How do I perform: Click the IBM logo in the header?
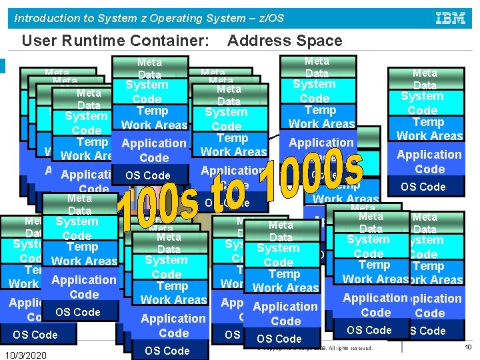450,18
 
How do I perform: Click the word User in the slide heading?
37,41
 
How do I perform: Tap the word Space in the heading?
317,41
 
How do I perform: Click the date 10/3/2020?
25,355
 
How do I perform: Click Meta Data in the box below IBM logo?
425,79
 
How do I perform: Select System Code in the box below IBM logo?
422,103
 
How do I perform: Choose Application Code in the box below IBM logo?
429,162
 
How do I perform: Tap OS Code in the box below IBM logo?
423,187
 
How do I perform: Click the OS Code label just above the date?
35,335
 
